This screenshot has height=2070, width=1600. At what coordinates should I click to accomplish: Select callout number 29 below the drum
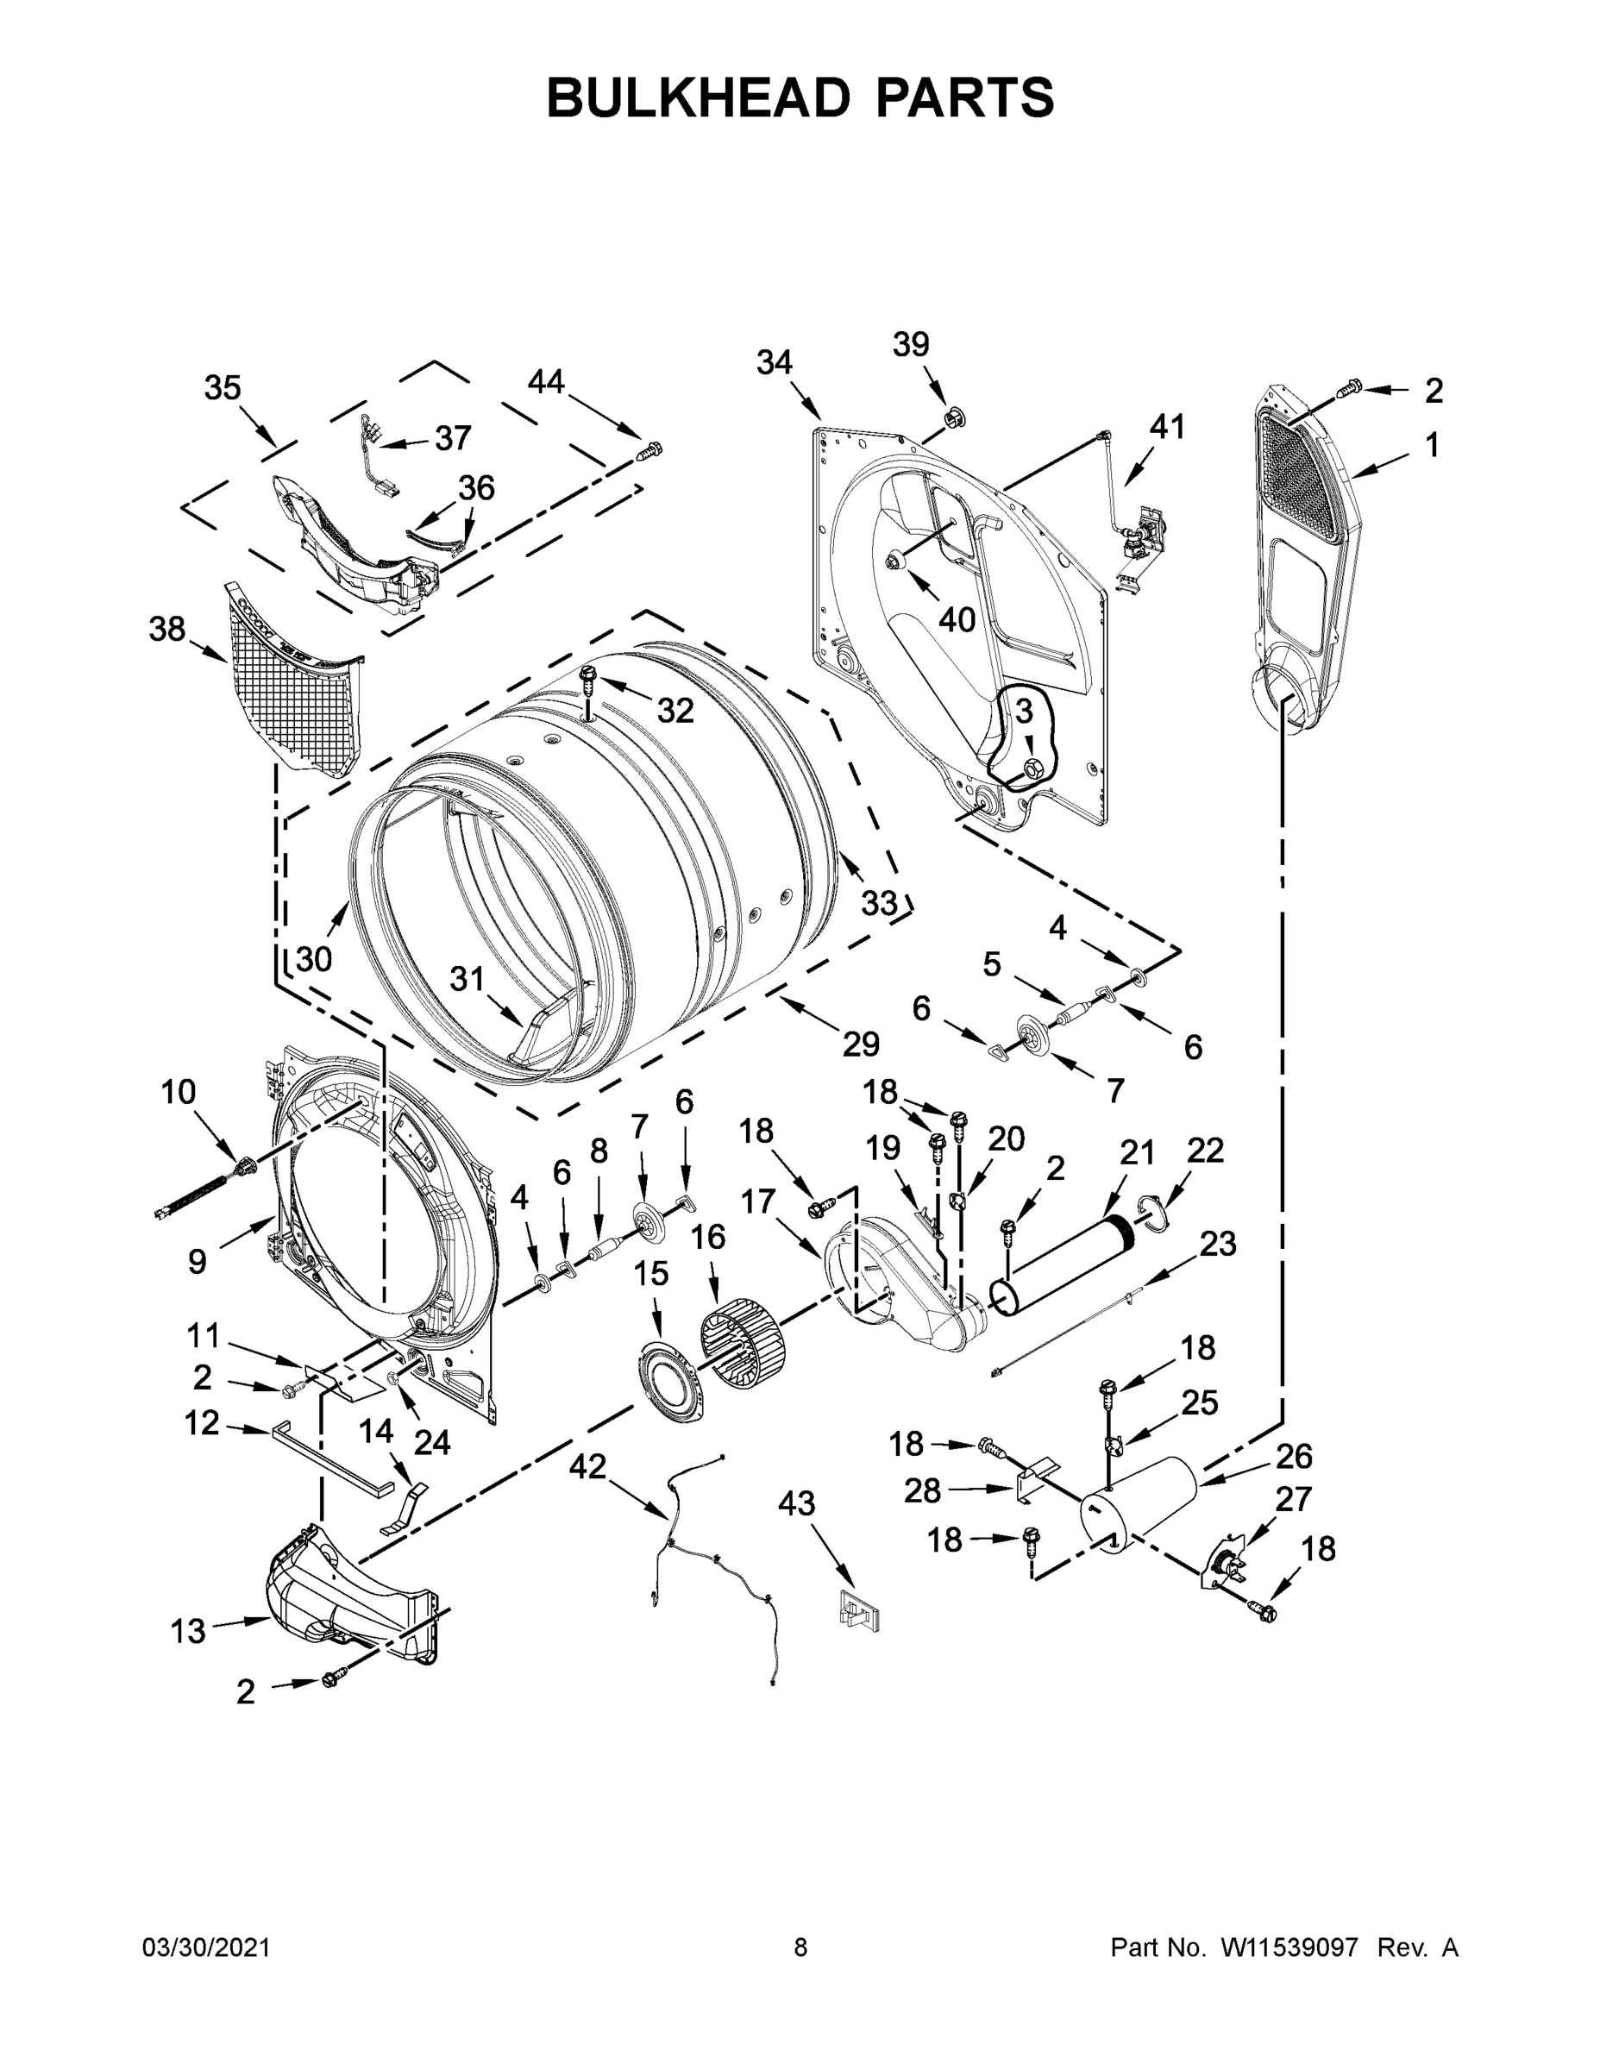point(861,1044)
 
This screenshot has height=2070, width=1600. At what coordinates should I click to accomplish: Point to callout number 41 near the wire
point(1167,428)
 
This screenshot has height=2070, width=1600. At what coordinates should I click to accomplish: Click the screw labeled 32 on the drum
point(588,678)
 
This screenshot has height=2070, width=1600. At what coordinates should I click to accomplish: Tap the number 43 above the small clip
point(796,1503)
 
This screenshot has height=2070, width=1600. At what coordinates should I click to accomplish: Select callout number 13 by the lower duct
point(188,1631)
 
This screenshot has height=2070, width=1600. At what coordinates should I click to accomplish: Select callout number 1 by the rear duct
point(1432,444)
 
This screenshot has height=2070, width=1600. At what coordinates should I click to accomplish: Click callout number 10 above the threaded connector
point(179,1092)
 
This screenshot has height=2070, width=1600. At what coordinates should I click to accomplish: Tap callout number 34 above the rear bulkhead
point(775,362)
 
